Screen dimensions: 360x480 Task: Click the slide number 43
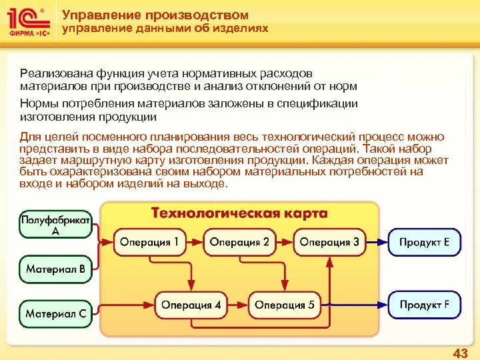460,353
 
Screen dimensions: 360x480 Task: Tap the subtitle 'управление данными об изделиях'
165,29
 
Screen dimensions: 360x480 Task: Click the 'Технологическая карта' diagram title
239,213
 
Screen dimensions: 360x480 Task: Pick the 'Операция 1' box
150,242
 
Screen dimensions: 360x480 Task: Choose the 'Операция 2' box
239,242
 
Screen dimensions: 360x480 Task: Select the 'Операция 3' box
329,242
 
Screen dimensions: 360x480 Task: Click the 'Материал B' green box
55,269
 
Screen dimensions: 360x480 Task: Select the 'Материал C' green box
55,312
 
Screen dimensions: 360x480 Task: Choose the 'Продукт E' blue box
424,242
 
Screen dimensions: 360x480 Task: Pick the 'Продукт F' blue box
424,305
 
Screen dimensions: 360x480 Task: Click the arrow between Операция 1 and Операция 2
195,242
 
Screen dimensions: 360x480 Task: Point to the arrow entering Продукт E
377,242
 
